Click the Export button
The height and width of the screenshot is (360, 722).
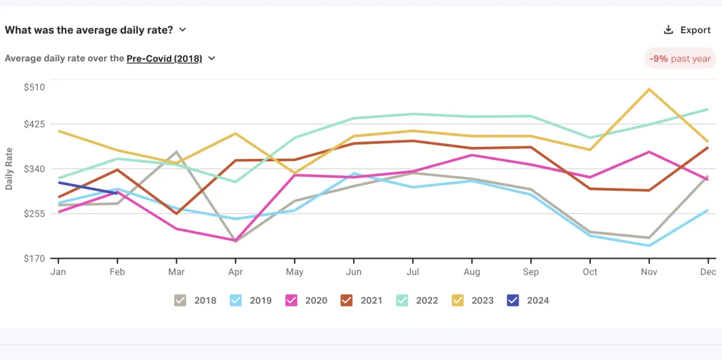tap(687, 30)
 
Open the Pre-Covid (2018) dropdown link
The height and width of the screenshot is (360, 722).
tap(170, 59)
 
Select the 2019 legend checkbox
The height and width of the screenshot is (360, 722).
tap(236, 300)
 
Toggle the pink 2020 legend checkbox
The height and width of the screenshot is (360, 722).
tap(291, 300)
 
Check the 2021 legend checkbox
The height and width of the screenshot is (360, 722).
tap(347, 300)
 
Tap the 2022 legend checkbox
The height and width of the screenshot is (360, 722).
tap(402, 300)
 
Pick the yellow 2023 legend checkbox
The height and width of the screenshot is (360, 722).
tap(457, 300)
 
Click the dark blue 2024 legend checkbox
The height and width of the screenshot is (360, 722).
tap(513, 300)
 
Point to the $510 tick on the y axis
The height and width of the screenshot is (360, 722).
tap(34, 87)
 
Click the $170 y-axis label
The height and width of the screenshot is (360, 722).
tap(34, 259)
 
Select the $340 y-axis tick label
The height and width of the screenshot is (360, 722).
tap(34, 169)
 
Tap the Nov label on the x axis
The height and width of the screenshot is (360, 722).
tap(649, 272)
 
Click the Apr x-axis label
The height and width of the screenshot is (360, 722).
tap(235, 272)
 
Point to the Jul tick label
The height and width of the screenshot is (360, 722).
tap(412, 272)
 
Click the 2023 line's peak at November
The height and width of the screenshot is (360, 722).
tap(649, 89)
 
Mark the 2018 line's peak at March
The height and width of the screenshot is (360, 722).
tap(176, 152)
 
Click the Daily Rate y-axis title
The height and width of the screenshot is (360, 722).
tap(9, 169)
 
